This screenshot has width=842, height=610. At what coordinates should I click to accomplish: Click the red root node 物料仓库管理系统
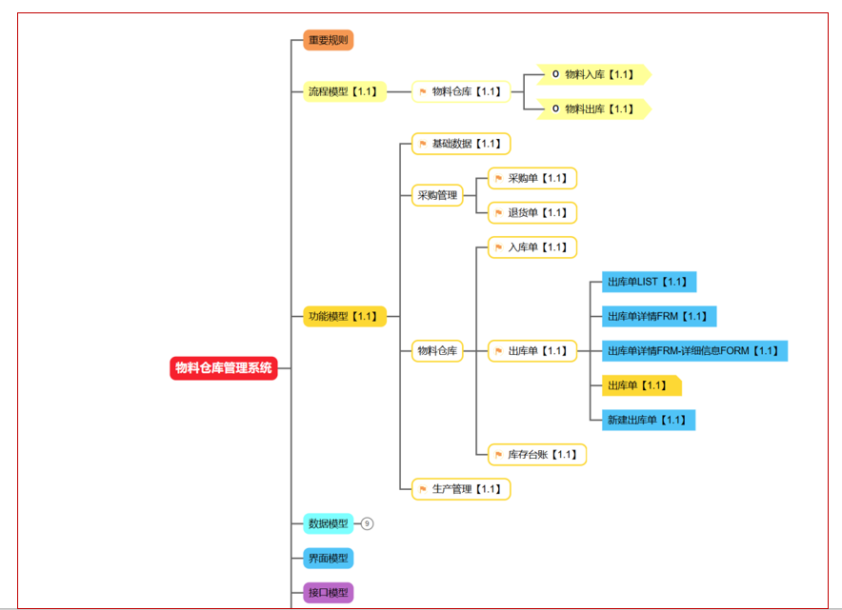[224, 368]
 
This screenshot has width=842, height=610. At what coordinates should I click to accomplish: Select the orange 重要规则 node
[328, 40]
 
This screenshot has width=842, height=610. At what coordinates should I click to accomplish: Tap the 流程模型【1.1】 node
[345, 91]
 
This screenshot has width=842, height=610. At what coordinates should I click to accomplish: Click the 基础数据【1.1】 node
[461, 144]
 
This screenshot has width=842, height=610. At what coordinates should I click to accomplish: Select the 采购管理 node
[437, 195]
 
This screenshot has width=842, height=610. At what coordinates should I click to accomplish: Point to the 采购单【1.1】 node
[532, 178]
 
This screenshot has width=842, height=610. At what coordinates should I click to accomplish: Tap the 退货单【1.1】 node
[532, 213]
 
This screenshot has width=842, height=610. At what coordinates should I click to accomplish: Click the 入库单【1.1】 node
[532, 247]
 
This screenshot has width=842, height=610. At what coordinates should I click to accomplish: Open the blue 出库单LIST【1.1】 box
[650, 282]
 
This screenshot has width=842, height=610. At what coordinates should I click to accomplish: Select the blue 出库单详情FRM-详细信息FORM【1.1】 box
[695, 351]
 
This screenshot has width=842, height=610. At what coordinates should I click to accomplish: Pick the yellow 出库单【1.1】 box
[642, 385]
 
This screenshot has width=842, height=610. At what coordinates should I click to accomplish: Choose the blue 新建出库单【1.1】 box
[649, 420]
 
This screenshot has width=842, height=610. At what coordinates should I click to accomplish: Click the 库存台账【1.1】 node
[537, 455]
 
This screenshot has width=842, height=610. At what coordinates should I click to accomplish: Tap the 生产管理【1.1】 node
[461, 489]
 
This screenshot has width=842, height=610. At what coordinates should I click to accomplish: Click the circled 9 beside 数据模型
[367, 523]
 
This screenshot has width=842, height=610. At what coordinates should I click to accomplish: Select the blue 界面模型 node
[328, 559]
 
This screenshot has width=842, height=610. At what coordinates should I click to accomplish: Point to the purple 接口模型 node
[328, 593]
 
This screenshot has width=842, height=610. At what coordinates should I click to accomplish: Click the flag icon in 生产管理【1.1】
[423, 489]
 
